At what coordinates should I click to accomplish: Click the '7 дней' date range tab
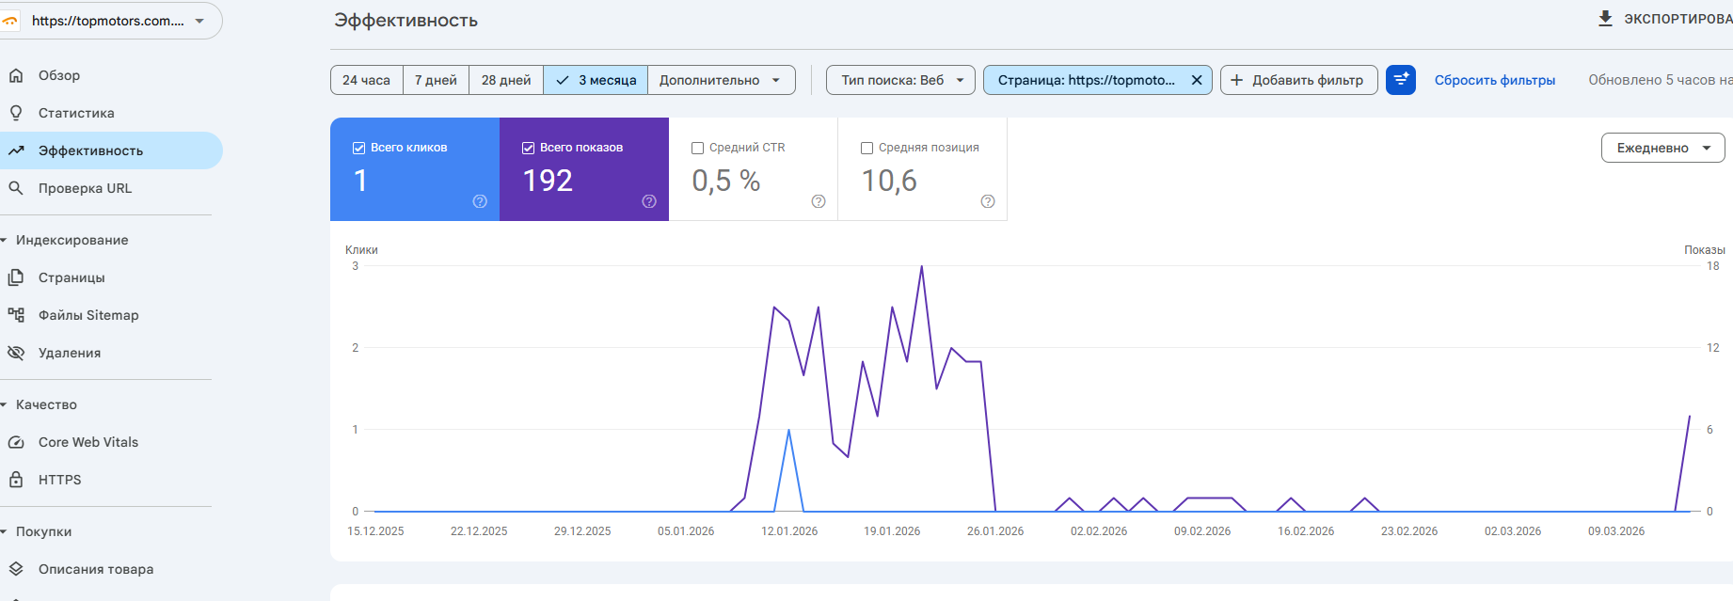pyautogui.click(x=436, y=80)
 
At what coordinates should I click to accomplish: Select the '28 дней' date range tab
pyautogui.click(x=506, y=80)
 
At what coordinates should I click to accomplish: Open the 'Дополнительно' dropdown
pyautogui.click(x=721, y=80)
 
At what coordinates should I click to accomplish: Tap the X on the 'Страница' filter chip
pyautogui.click(x=1197, y=80)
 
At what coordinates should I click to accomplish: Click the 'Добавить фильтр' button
pyautogui.click(x=1298, y=80)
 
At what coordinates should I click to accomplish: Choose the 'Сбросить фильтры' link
pyautogui.click(x=1494, y=80)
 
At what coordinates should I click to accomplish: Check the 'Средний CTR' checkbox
pyautogui.click(x=698, y=148)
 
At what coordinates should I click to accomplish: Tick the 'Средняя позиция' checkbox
pyautogui.click(x=867, y=148)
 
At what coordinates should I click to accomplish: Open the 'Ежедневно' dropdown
pyautogui.click(x=1662, y=148)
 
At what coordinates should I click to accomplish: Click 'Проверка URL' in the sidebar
pyautogui.click(x=85, y=188)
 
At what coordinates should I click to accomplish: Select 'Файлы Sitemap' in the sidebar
pyautogui.click(x=88, y=315)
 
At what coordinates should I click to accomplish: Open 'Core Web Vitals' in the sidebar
pyautogui.click(x=88, y=442)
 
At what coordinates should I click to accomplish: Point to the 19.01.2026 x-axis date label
pyautogui.click(x=892, y=531)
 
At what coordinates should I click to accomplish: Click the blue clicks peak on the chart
pyautogui.click(x=788, y=430)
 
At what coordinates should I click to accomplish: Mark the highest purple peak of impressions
pyautogui.click(x=922, y=267)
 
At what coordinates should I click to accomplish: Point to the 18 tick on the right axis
pyautogui.click(x=1712, y=266)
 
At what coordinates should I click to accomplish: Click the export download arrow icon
pyautogui.click(x=1605, y=19)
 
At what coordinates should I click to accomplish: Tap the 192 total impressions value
pyautogui.click(x=548, y=181)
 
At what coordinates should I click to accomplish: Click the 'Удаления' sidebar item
pyautogui.click(x=70, y=353)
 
